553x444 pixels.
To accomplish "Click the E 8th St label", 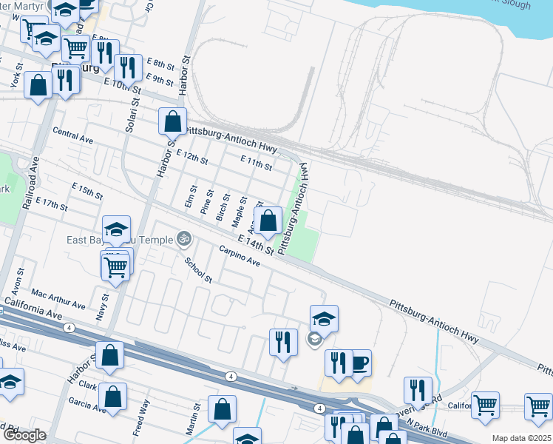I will tap(159, 64).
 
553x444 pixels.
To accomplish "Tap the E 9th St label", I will tap(159, 78).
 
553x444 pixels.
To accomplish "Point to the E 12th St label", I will tap(192, 156).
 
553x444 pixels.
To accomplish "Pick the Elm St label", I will tap(191, 198).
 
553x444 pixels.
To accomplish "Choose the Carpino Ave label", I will tap(240, 257).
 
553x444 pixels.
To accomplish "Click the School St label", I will tap(198, 271).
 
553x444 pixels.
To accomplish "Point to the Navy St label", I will tap(104, 307).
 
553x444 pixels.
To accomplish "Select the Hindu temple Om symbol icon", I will tap(183, 239).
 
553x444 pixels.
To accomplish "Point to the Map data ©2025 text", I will tap(521, 438).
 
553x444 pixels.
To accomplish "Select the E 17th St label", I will tap(50, 203).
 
